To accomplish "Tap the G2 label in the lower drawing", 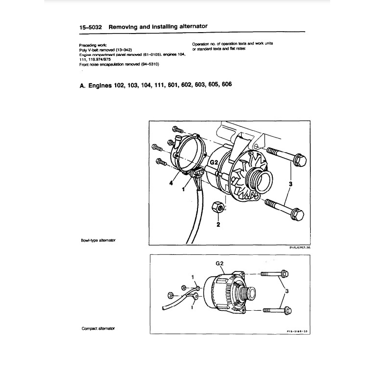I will pos(219,263).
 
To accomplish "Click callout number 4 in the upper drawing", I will pos(172,183).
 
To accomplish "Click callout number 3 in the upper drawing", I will pos(290,183).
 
